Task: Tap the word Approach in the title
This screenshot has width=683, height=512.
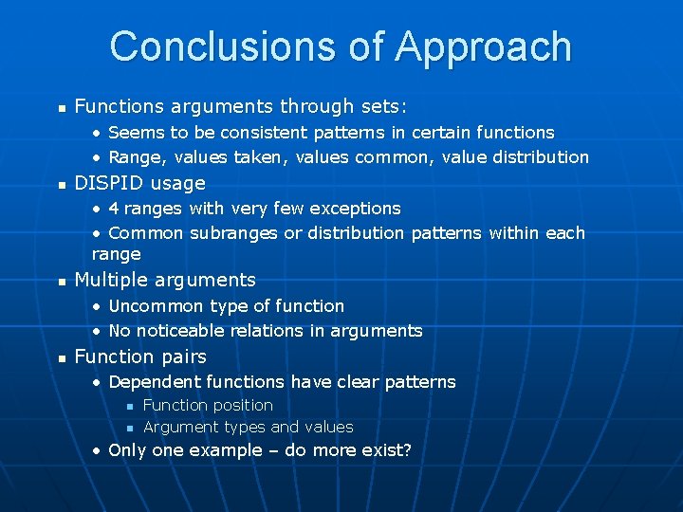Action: pyautogui.click(x=483, y=46)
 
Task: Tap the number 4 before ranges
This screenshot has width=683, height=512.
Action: pyautogui.click(x=114, y=209)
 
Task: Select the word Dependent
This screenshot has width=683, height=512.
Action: pyautogui.click(x=154, y=382)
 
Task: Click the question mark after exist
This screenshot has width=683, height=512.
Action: pyautogui.click(x=407, y=450)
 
